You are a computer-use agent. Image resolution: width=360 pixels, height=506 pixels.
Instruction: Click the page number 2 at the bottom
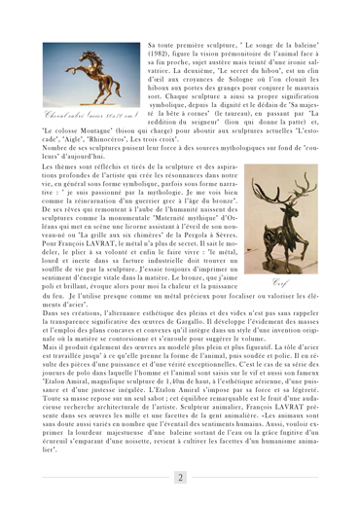[x=180, y=476]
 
